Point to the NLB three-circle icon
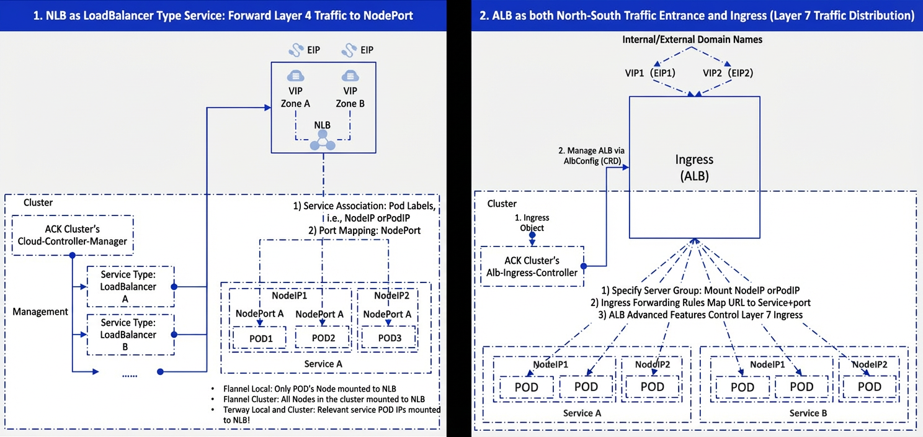(x=323, y=140)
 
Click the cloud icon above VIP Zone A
(x=295, y=76)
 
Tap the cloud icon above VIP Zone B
(x=350, y=76)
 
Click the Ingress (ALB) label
(x=694, y=168)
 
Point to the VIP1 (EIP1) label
(x=650, y=73)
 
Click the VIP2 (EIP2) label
(x=728, y=73)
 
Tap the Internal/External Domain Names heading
(x=692, y=40)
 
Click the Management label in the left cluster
(x=40, y=312)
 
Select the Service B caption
(x=808, y=413)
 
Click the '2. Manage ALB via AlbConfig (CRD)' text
(x=592, y=156)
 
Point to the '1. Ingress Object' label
(x=532, y=223)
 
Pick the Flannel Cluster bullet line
(x=324, y=399)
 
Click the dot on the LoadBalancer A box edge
(x=174, y=287)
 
